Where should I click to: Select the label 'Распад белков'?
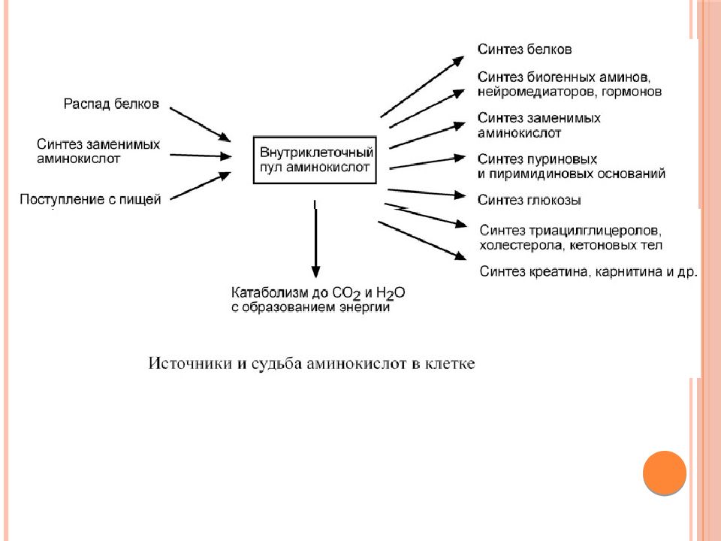coord(111,104)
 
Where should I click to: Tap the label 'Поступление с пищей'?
coord(90,199)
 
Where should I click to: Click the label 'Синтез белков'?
coord(525,50)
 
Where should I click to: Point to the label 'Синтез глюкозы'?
coord(529,200)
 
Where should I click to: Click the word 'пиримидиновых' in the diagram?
coord(541,174)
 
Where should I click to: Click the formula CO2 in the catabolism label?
coord(346,293)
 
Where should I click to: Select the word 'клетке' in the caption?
coord(450,364)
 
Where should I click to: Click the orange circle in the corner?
coord(665,473)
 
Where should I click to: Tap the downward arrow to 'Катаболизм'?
coord(315,239)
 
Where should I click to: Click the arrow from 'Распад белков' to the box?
coord(200,124)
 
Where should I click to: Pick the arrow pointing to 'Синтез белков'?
coord(422,86)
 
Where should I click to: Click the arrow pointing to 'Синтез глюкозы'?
coord(427,193)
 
